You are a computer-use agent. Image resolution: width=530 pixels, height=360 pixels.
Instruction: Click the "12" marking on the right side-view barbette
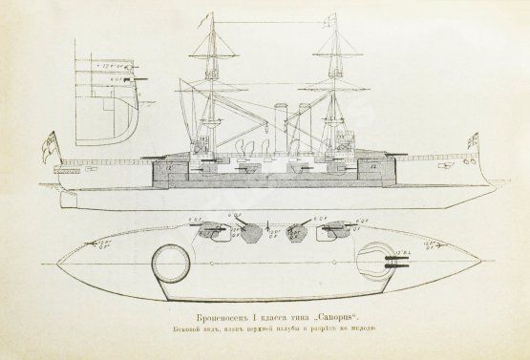[x=371, y=170]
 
